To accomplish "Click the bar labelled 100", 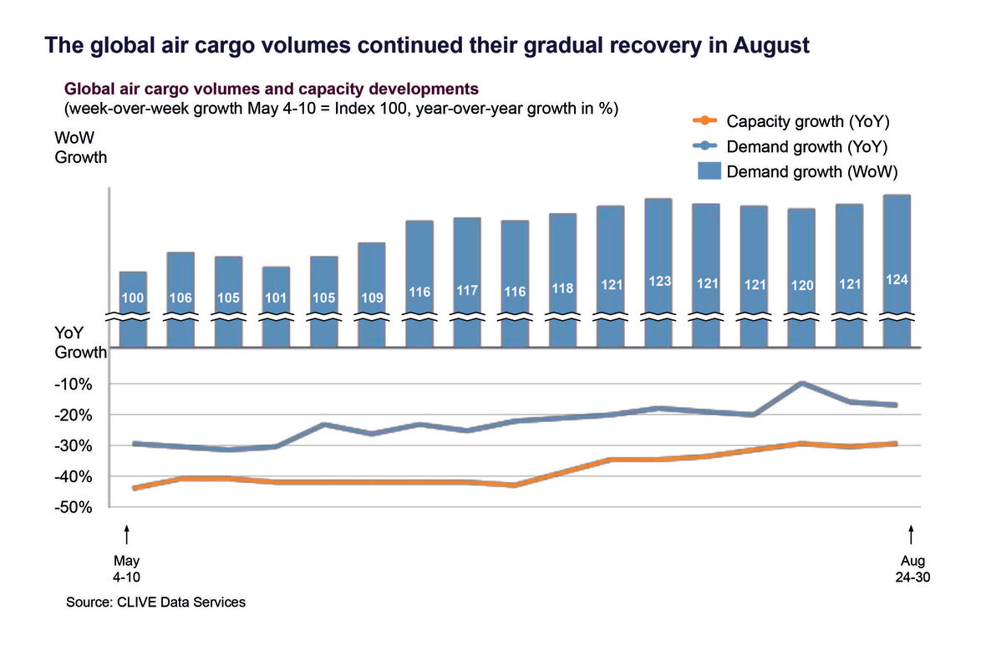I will (x=134, y=308).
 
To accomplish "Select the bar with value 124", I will (x=897, y=267).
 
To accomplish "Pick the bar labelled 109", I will (x=372, y=292).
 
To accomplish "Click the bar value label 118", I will (x=563, y=289).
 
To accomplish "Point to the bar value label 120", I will (x=802, y=286).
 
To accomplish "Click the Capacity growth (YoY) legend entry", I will (x=806, y=123).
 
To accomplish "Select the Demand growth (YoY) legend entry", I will (x=806, y=147).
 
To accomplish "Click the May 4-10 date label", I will (x=127, y=568).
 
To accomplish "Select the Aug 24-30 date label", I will (x=912, y=568).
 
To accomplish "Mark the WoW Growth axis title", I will (x=81, y=147).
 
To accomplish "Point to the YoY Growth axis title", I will (x=80, y=343).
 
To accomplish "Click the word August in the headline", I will (x=767, y=45).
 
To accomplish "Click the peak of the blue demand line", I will (x=802, y=383).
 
